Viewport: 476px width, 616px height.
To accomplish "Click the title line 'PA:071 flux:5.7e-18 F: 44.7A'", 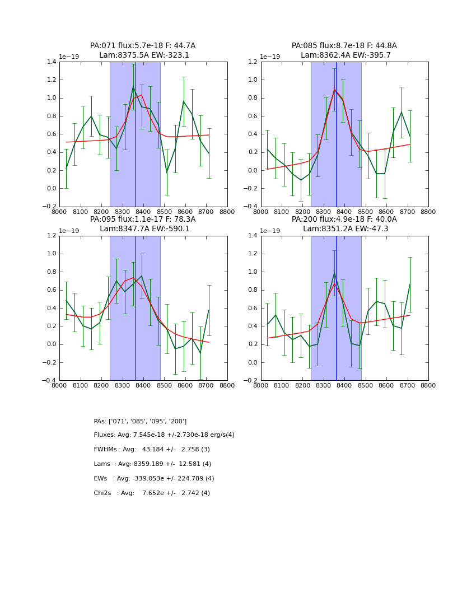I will point(143,46).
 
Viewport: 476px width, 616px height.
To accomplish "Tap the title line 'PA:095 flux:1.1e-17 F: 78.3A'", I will point(143,220).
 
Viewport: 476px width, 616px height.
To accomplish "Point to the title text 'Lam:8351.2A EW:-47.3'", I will point(344,228).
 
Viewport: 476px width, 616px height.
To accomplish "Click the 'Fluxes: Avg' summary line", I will point(164,435).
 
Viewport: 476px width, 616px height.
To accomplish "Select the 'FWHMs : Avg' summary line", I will point(152,450).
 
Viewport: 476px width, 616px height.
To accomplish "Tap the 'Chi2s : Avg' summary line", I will point(152,493).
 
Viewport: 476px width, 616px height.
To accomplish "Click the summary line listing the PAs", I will point(140,421).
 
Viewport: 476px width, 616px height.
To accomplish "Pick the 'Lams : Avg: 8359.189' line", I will point(152,464).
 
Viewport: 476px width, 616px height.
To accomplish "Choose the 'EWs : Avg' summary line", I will point(154,479).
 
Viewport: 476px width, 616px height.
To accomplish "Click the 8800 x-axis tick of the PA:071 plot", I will point(227,212).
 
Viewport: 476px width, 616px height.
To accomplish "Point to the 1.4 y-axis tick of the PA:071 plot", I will point(52,62).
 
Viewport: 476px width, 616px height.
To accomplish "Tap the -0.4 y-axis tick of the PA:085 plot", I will point(251,207).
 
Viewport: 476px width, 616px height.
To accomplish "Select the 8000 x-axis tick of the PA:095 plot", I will point(59,385).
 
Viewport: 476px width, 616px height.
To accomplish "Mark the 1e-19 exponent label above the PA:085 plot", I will point(270,57).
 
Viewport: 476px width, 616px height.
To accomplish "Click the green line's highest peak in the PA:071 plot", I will point(133,86).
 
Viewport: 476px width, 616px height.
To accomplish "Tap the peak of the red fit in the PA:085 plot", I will point(334,90).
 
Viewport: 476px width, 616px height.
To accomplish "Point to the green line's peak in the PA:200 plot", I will point(334,273).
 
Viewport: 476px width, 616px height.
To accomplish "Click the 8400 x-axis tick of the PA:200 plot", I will point(344,385).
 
